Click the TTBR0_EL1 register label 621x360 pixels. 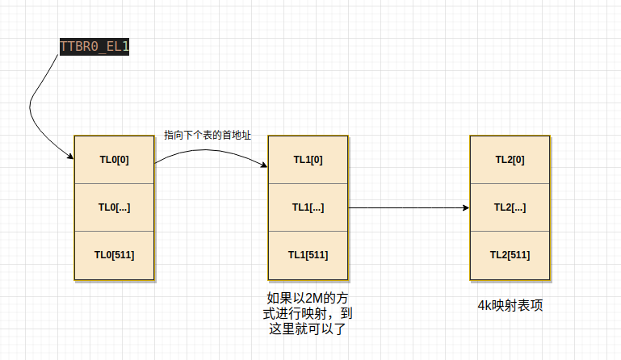coord(94,47)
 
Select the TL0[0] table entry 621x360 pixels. coord(114,159)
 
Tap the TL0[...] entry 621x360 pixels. coord(114,207)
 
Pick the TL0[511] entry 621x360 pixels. coord(114,255)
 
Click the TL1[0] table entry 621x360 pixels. coord(308,159)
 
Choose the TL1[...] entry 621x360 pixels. coord(308,207)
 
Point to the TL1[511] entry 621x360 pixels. coord(308,255)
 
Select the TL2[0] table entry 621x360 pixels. coord(510,159)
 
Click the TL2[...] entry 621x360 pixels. coord(510,207)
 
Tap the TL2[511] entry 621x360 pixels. coord(510,255)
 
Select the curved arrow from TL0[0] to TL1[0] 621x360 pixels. coord(210,146)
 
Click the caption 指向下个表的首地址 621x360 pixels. coord(207,136)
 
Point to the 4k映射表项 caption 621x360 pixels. coord(510,306)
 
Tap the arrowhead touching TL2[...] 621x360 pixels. coord(466,207)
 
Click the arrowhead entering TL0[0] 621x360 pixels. coord(70,158)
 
